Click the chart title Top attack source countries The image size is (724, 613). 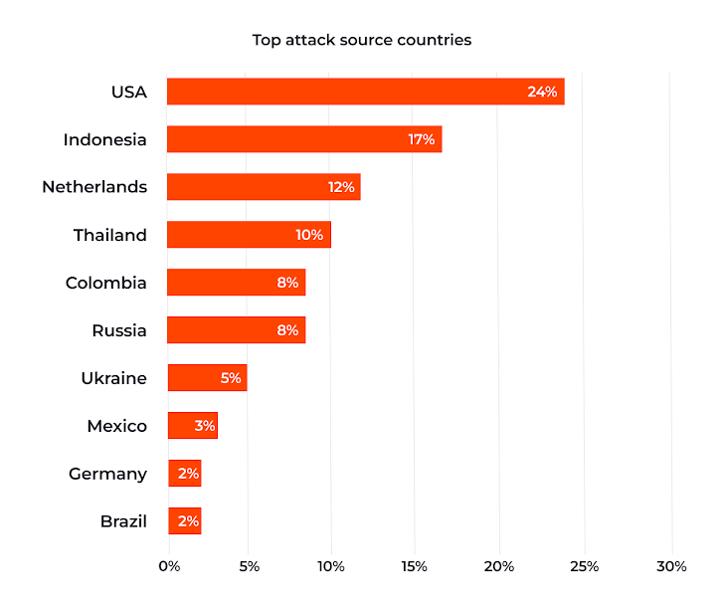click(361, 41)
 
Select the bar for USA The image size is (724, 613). click(365, 92)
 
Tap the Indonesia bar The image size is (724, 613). click(304, 139)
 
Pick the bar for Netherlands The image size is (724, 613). click(264, 187)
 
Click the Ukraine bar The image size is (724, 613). click(207, 378)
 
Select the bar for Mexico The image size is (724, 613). click(192, 426)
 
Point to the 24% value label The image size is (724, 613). click(542, 92)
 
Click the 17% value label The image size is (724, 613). click(422, 139)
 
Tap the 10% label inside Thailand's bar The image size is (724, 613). click(309, 235)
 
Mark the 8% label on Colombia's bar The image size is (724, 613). click(287, 283)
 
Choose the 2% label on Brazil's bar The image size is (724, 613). click(188, 521)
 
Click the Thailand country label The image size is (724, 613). click(109, 235)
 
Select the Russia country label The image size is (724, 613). click(119, 330)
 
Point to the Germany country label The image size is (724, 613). click(107, 474)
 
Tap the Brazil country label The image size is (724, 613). click(123, 521)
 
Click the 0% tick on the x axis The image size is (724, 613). click(169, 566)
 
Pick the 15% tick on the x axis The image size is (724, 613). click(415, 566)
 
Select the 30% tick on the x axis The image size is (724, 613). click(672, 566)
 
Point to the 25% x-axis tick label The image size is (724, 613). click(585, 566)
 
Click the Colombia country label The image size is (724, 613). click(105, 283)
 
